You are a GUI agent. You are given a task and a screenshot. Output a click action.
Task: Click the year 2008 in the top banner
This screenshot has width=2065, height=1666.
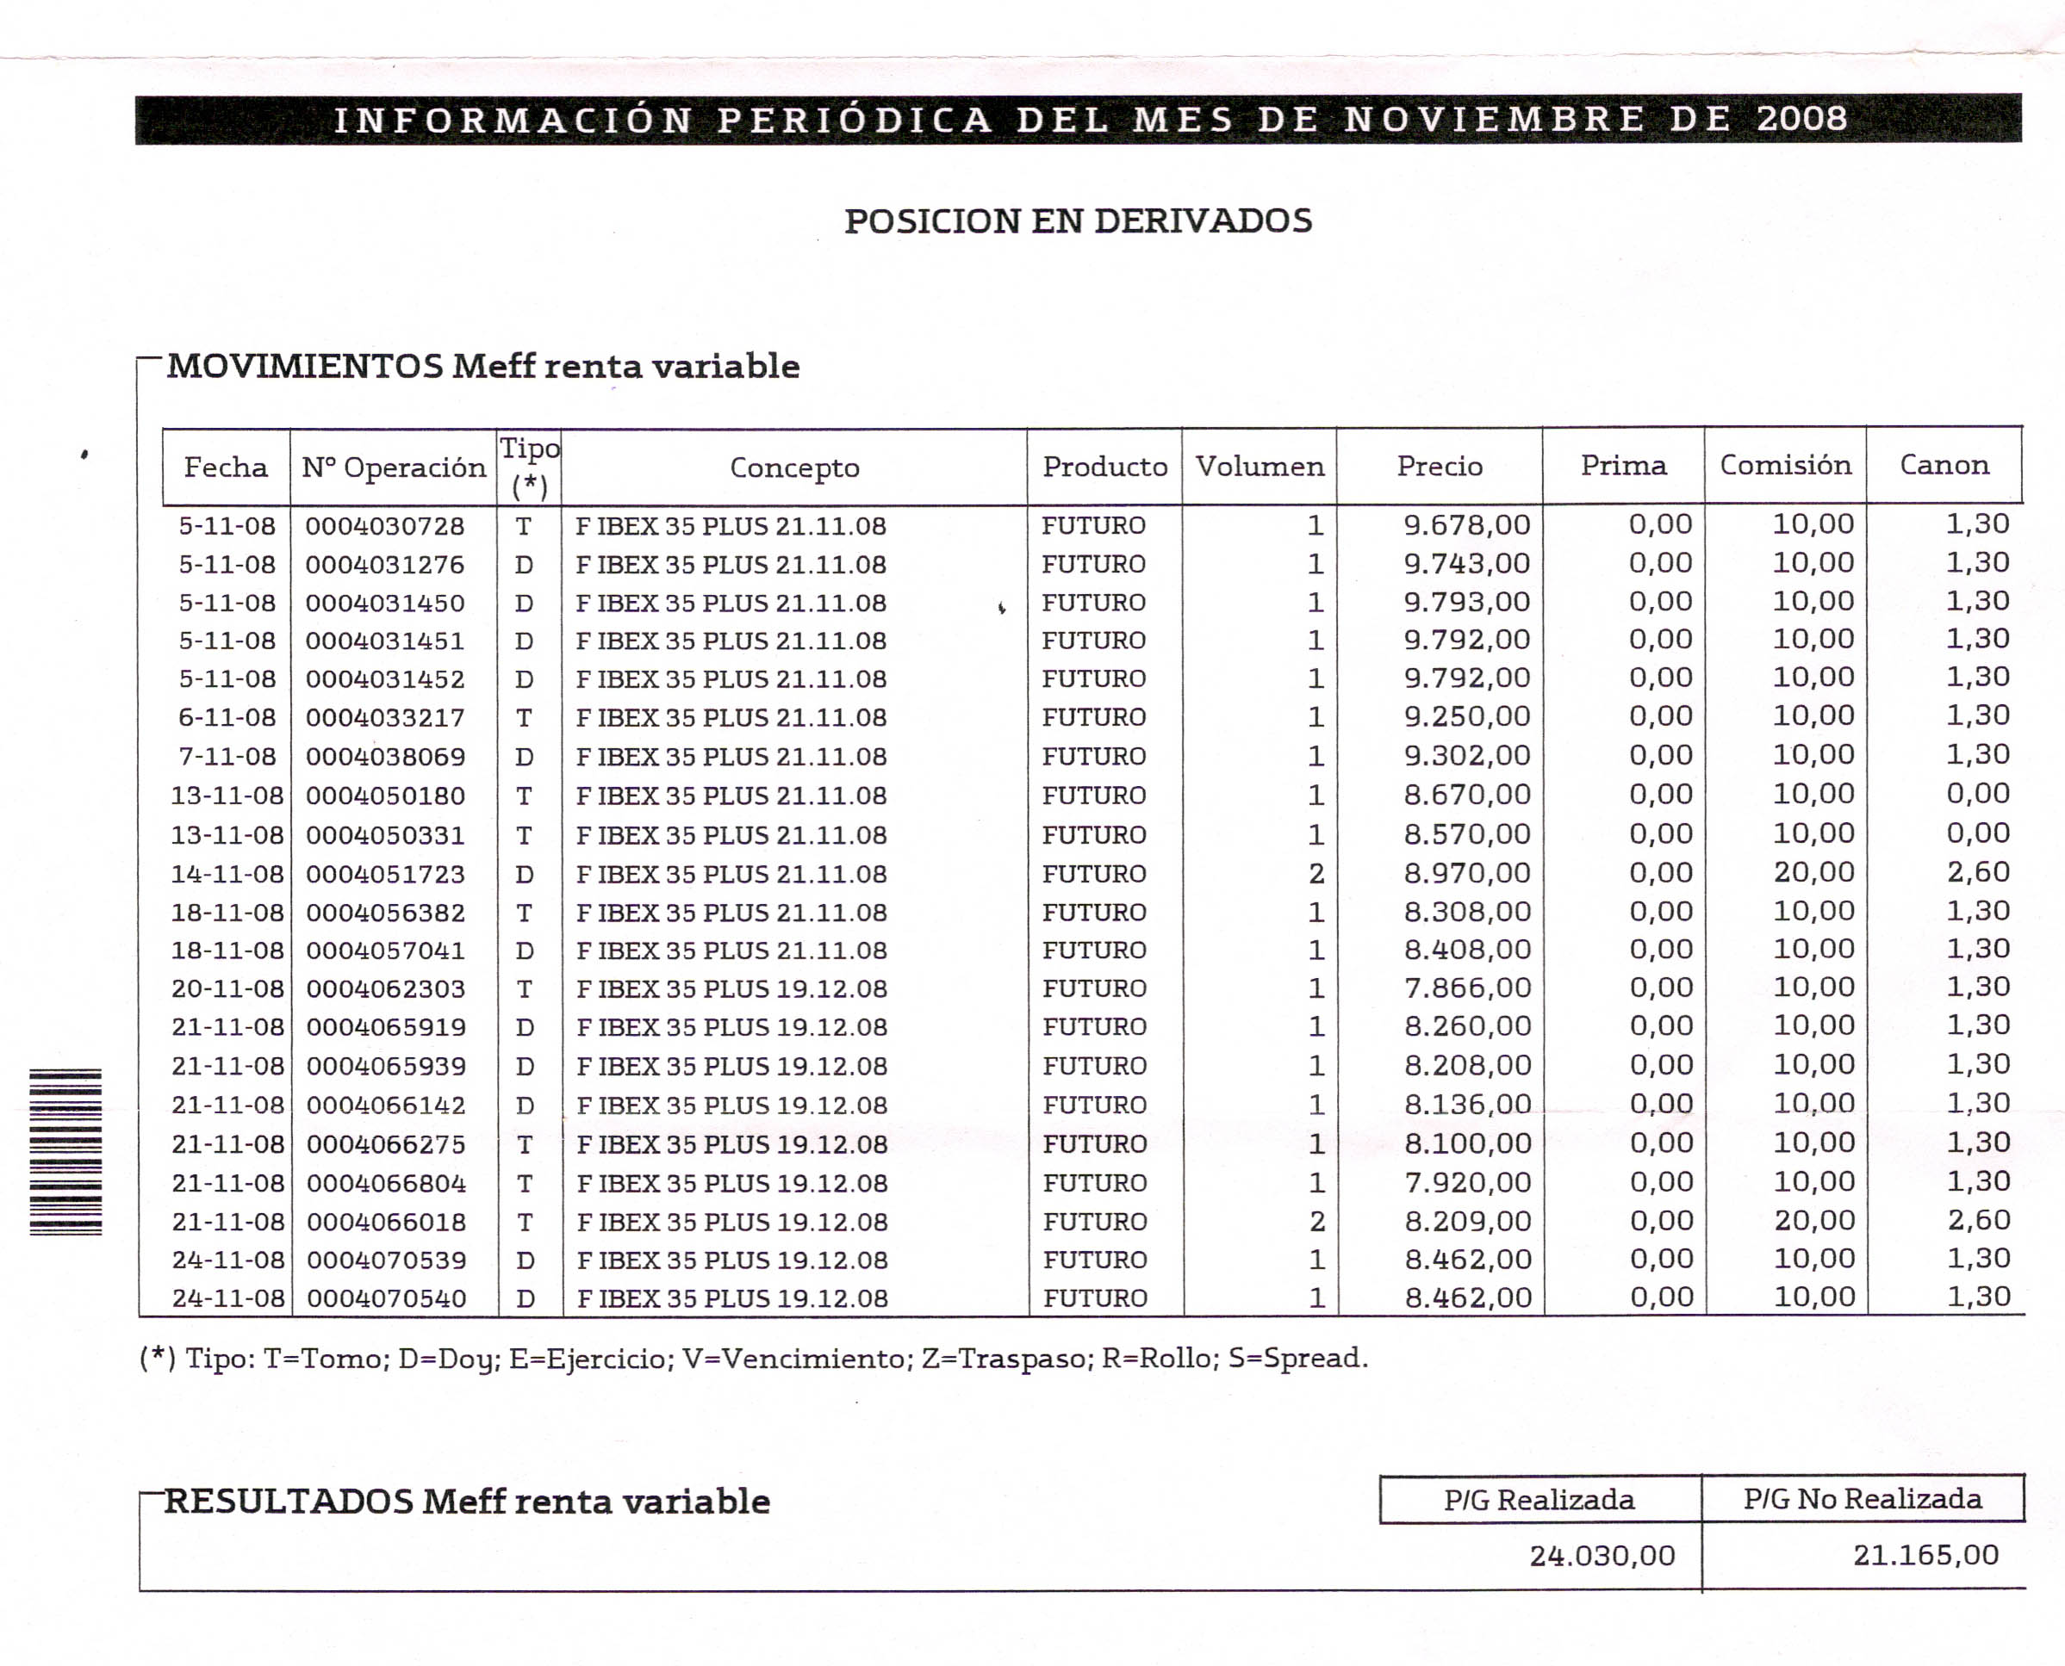[1801, 119]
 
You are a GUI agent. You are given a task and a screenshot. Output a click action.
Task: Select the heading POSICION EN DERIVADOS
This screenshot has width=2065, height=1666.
[1077, 221]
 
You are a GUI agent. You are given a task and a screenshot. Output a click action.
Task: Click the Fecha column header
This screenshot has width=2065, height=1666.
[226, 468]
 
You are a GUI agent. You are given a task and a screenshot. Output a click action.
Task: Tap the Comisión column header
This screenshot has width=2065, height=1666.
[1785, 466]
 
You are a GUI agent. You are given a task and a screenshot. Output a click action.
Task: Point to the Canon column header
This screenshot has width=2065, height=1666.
[1944, 466]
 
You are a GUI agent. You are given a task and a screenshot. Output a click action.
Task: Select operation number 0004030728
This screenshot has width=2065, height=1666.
[385, 527]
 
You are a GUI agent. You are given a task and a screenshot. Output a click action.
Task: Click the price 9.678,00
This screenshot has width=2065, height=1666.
[1466, 525]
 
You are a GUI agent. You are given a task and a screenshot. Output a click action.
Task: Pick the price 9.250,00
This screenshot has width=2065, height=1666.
[1466, 716]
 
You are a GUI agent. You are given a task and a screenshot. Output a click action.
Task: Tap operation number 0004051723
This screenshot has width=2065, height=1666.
[385, 874]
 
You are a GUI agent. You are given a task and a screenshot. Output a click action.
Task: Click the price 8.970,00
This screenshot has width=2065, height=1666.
[1467, 872]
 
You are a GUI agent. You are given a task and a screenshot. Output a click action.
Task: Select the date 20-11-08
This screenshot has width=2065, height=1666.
[227, 988]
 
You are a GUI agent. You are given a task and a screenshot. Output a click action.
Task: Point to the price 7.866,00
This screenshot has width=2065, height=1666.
[1467, 988]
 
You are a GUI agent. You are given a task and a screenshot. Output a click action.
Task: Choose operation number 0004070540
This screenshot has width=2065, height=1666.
[386, 1298]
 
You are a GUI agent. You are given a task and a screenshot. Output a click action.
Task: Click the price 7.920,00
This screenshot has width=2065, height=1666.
[1467, 1181]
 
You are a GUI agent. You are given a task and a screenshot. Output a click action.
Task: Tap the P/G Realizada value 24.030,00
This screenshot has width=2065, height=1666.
[1602, 1556]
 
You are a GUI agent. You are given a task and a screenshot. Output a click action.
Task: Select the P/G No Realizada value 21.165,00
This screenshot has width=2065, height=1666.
[1925, 1555]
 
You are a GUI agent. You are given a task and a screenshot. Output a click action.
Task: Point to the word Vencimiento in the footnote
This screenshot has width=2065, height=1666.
[797, 1358]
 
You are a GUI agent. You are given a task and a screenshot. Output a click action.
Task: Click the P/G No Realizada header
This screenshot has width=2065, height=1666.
[1862, 1499]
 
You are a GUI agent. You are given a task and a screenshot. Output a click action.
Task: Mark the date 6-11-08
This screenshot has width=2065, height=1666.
[227, 718]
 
